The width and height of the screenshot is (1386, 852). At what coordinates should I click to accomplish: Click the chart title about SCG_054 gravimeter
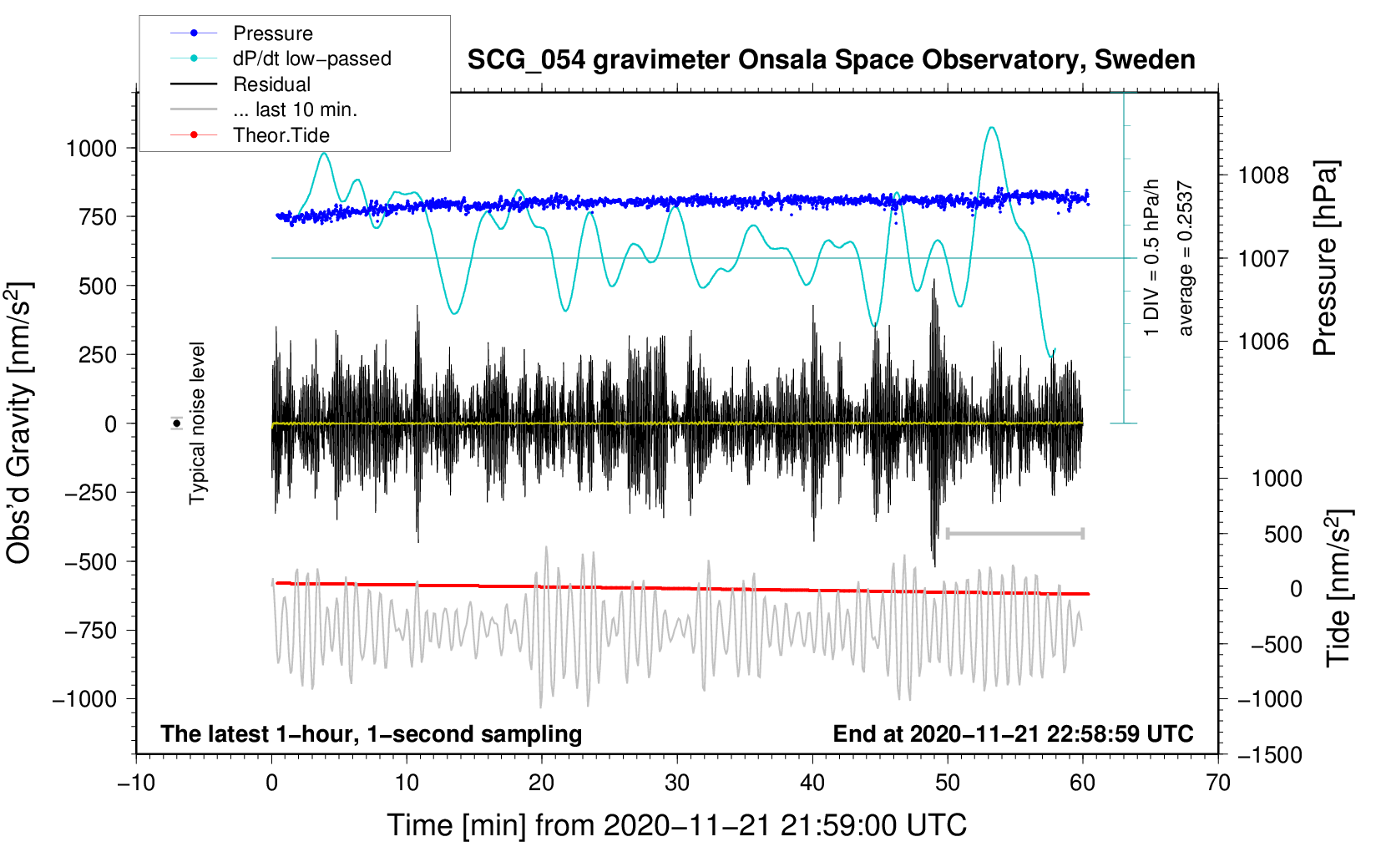tap(831, 60)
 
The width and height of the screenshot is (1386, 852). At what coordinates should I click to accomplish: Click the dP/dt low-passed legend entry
tap(311, 58)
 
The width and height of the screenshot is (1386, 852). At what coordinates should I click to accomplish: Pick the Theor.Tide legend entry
tap(281, 135)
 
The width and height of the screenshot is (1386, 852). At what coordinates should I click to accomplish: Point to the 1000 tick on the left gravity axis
tap(91, 149)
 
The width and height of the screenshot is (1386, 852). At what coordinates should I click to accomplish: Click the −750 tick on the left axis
tap(91, 631)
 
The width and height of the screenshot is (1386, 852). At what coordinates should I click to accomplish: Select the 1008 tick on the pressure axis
tap(1263, 175)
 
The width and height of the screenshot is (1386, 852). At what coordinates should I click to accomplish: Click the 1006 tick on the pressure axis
tap(1263, 341)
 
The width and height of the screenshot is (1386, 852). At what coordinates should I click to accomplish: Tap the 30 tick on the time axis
tap(677, 783)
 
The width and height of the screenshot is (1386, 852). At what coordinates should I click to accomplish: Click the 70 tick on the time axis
tap(1218, 783)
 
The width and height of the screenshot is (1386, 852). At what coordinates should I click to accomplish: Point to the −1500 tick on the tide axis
tap(1269, 755)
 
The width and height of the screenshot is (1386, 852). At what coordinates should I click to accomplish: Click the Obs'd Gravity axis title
tap(20, 423)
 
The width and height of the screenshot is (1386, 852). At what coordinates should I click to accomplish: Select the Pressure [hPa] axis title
tap(1325, 259)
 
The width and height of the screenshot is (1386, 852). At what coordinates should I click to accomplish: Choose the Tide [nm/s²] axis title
tap(1338, 588)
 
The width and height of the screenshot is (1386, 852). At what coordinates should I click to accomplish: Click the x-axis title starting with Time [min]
tap(677, 825)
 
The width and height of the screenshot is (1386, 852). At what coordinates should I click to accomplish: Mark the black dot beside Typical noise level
tap(177, 423)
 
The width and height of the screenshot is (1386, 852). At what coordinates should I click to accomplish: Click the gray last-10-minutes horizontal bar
tap(1015, 533)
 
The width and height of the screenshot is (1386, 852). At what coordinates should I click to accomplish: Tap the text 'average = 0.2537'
tap(1186, 259)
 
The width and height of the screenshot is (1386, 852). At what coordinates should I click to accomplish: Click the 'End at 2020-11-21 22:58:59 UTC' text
tap(1013, 733)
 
